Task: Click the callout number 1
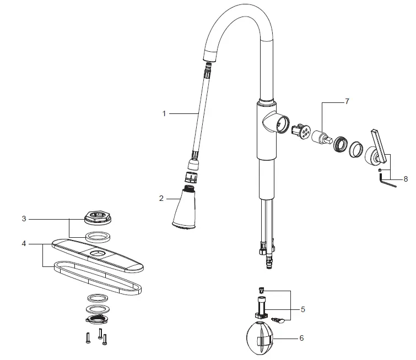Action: (164, 113)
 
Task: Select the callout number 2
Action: (161, 198)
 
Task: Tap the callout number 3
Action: (24, 219)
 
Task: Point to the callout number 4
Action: (24, 243)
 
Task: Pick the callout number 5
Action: (302, 309)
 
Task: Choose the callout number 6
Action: (301, 338)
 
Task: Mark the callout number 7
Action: (347, 102)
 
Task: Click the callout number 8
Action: (406, 179)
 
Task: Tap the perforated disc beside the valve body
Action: (301, 132)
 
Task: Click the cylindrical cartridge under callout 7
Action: (320, 138)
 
